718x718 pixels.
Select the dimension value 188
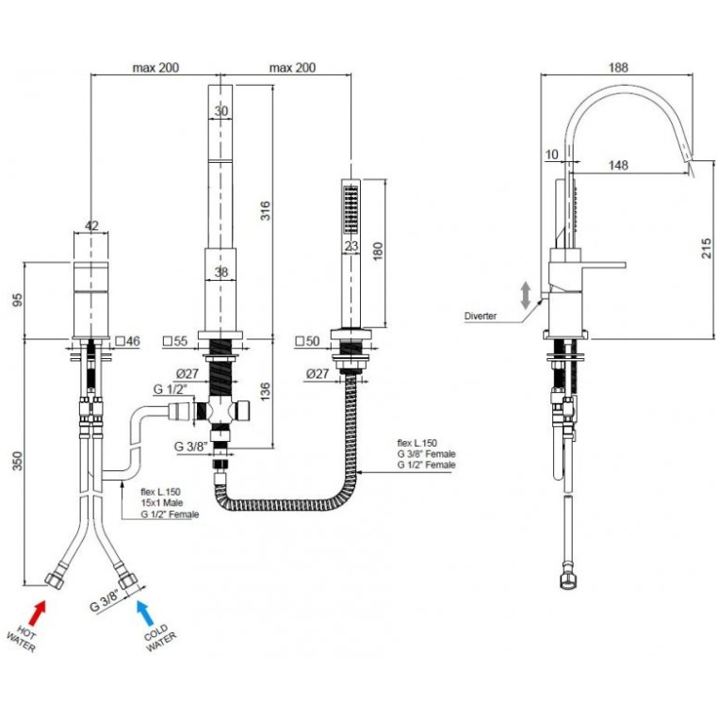(x=618, y=68)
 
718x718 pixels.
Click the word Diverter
(x=481, y=316)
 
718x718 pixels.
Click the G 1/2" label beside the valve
(x=171, y=388)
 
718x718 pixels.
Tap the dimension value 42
(x=91, y=224)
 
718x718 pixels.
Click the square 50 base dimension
(x=308, y=340)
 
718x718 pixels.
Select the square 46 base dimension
(x=129, y=340)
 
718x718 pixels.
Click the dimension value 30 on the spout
(x=221, y=111)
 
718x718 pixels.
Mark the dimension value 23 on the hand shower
(x=351, y=247)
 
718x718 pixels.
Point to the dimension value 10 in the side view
(x=551, y=154)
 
